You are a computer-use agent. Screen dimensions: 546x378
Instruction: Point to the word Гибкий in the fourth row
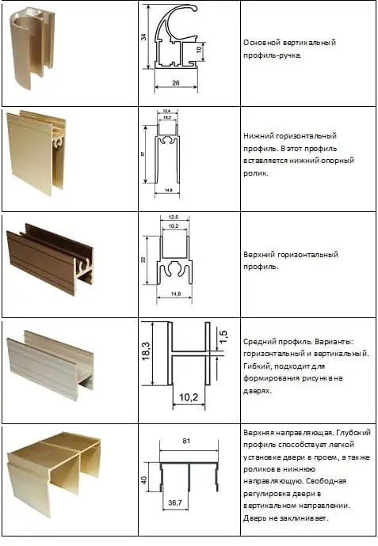click(258, 366)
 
